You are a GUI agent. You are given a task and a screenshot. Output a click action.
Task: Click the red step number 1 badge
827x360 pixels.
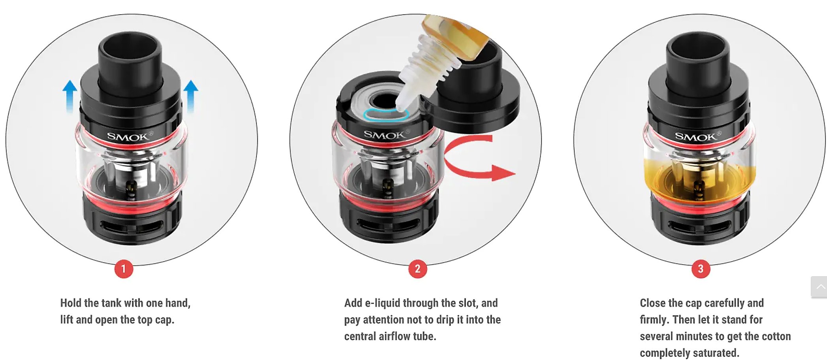point(124,269)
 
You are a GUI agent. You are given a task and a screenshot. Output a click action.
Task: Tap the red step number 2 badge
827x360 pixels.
point(418,269)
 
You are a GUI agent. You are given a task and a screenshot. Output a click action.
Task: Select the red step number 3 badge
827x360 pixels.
point(701,269)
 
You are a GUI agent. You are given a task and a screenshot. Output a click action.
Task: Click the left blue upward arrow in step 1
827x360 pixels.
point(70,97)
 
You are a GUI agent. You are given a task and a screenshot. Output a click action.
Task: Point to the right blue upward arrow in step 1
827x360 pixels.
point(191,97)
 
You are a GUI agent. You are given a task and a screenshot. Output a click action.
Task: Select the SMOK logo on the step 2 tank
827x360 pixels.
point(386,135)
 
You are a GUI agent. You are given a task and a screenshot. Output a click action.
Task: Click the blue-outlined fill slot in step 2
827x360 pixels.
point(386,115)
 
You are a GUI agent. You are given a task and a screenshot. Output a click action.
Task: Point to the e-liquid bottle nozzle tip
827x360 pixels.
point(400,106)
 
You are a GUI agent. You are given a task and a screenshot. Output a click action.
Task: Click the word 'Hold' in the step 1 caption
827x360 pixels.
point(71,303)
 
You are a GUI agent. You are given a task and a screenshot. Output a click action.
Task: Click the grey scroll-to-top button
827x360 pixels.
point(819,286)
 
